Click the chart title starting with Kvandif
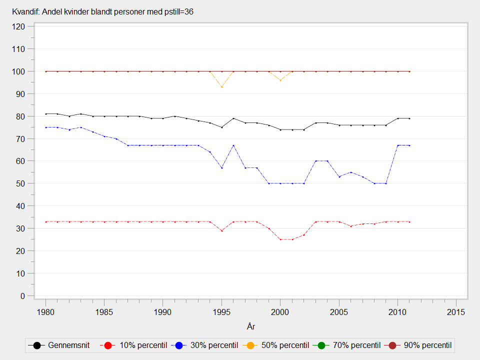click(x=102, y=11)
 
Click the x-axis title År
click(x=251, y=326)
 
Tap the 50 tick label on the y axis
click(x=21, y=183)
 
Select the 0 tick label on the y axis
click(x=23, y=296)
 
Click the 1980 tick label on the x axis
click(x=45, y=312)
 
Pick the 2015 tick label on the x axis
click(x=456, y=312)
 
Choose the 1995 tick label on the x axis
click(x=221, y=312)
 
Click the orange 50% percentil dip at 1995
click(x=221, y=87)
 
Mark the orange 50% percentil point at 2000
click(x=280, y=80)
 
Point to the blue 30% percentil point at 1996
click(x=233, y=145)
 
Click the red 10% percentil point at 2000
click(x=280, y=239)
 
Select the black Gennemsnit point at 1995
click(x=221, y=127)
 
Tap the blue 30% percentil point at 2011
click(x=409, y=145)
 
